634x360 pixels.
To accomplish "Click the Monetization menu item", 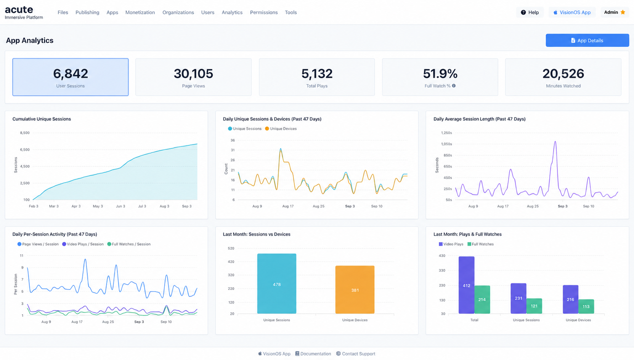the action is click(x=140, y=13).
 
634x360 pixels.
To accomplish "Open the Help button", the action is click(x=530, y=13).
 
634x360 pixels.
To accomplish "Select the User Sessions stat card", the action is click(x=71, y=77).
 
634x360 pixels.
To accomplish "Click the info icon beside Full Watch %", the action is click(x=454, y=86).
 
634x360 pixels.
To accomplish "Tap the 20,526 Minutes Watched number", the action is click(x=563, y=74).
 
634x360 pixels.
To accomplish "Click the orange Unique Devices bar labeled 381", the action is click(x=355, y=290).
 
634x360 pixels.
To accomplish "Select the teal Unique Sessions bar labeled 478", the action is click(x=277, y=284).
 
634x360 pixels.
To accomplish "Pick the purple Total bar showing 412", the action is click(x=466, y=285).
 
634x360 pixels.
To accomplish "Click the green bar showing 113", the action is click(x=586, y=307).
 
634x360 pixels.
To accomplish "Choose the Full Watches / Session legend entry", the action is click(x=129, y=244).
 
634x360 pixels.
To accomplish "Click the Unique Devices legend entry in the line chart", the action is click(x=281, y=129).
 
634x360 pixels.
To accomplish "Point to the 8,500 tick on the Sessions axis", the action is click(x=25, y=133).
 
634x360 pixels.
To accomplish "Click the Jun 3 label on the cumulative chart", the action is click(x=120, y=206).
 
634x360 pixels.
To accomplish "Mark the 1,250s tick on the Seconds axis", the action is click(x=447, y=133).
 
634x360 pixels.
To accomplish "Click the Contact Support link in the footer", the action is click(x=356, y=354).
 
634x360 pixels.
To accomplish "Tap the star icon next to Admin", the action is click(x=623, y=12).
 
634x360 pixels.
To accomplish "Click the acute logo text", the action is click(x=19, y=10).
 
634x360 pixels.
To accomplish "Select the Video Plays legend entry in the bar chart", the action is click(x=451, y=244).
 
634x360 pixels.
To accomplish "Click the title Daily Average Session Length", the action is click(x=480, y=119).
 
